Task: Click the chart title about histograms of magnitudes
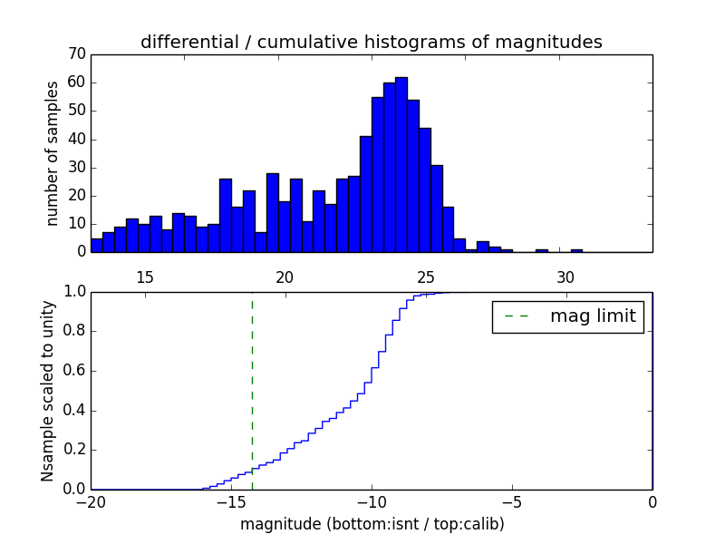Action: (371, 42)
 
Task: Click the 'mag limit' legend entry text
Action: (593, 316)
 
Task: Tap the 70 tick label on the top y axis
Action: (76, 54)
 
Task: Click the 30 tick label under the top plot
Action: (565, 277)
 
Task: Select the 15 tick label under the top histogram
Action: (145, 277)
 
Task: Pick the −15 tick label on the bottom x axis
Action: (230, 501)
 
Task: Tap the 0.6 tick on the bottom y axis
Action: (72, 371)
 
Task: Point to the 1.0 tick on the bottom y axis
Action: (72, 292)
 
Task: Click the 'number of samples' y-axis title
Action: (53, 153)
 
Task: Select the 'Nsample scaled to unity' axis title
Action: (47, 391)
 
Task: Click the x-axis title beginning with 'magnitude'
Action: (372, 524)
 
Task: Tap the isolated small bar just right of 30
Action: (576, 250)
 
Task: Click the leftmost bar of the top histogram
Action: (96, 245)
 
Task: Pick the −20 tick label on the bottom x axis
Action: (90, 501)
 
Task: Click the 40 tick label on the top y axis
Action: (76, 139)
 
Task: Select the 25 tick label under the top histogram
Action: (425, 277)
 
